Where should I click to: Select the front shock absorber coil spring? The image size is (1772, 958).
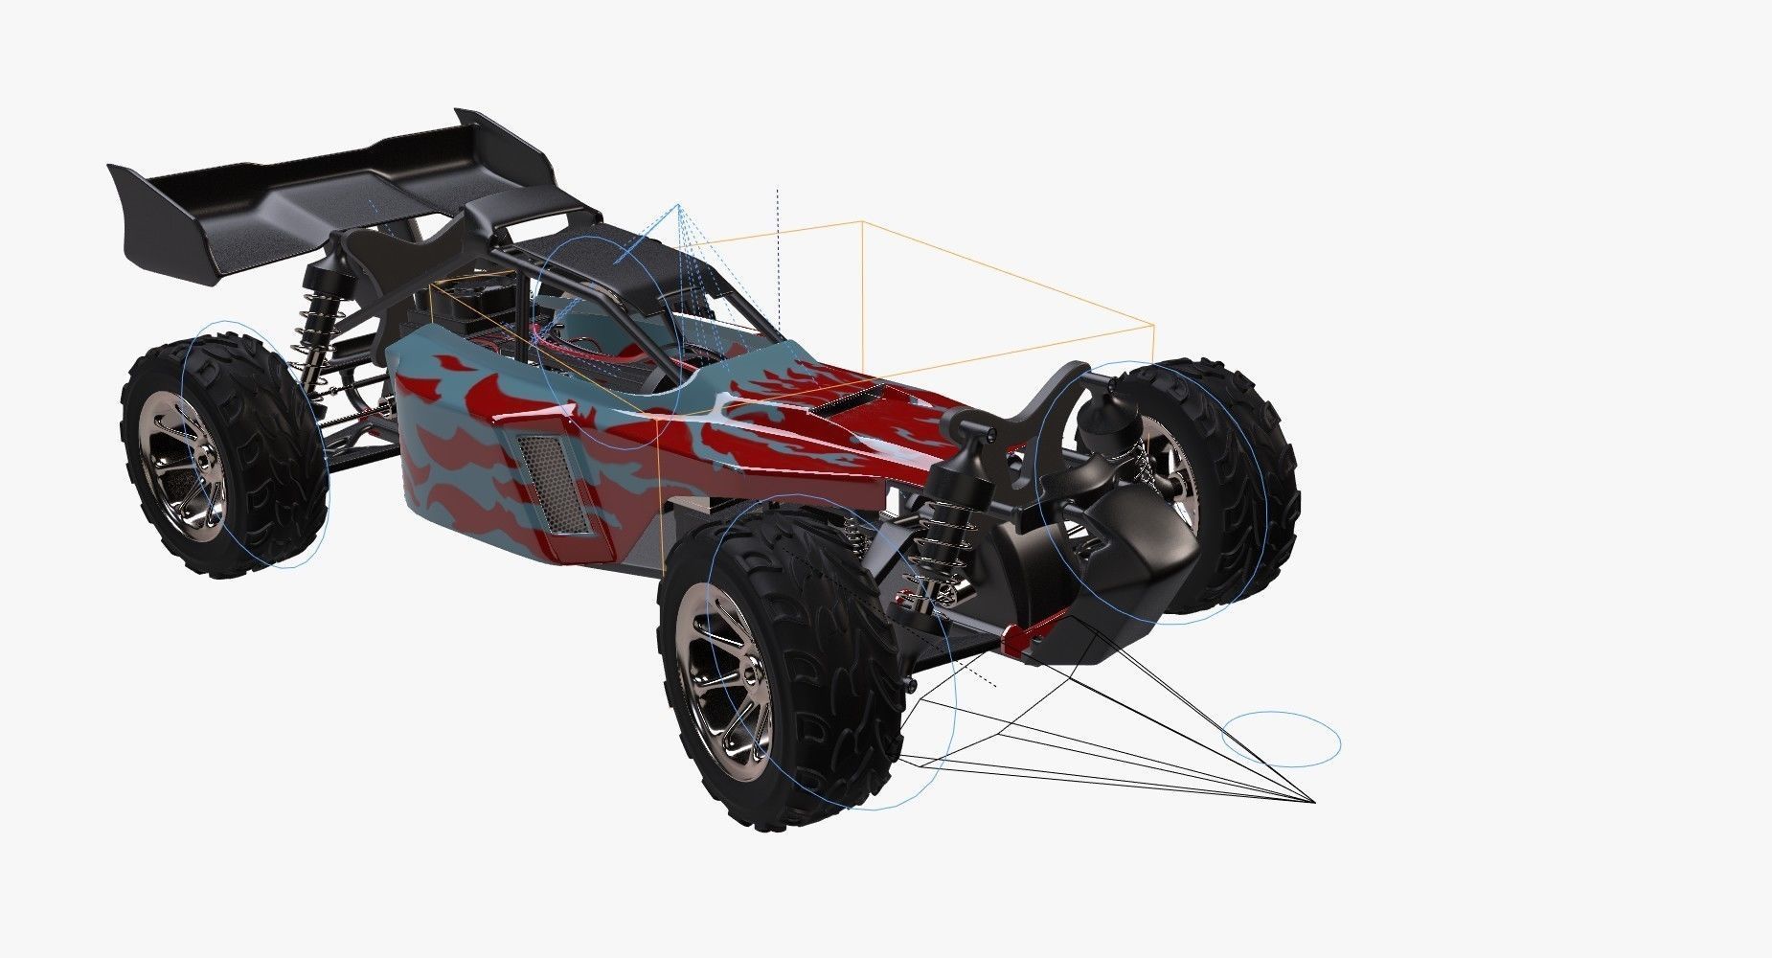[934, 556]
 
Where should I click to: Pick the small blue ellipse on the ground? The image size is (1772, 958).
[1282, 739]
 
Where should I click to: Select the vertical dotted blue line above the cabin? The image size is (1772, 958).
[778, 259]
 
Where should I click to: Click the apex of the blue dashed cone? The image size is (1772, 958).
[678, 205]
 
